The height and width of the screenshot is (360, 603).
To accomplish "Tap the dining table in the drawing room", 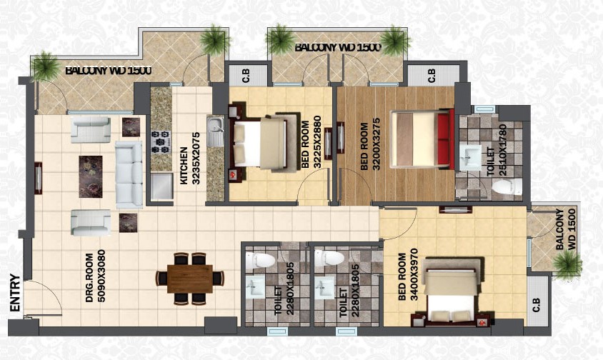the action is (x=190, y=279).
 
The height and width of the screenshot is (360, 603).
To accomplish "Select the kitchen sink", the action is (x=215, y=131).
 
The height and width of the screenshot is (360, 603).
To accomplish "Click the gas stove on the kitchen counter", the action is (x=160, y=141).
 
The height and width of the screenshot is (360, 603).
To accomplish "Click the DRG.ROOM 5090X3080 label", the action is (x=95, y=276).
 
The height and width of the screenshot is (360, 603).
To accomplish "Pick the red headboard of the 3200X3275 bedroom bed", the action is (x=444, y=139).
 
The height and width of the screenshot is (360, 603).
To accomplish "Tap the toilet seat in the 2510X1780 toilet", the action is (x=507, y=186).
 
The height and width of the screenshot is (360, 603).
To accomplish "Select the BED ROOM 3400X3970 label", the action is (x=408, y=276).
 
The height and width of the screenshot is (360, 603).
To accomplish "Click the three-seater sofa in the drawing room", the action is (x=129, y=174).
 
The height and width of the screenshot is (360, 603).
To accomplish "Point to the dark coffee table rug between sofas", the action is (x=91, y=176).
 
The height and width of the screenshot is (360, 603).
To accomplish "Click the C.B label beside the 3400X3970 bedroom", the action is (x=536, y=305).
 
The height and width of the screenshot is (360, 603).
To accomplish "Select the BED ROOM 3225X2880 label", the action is (x=311, y=144).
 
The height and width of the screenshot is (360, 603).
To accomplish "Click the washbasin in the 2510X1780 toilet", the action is (x=470, y=157).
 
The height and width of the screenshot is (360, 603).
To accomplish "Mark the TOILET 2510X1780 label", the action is (x=497, y=151).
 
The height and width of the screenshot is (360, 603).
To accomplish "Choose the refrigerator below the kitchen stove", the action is (x=161, y=186).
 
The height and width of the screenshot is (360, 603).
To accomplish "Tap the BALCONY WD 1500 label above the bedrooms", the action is (x=338, y=47).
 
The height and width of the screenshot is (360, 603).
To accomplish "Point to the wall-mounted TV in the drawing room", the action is (x=38, y=178).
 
